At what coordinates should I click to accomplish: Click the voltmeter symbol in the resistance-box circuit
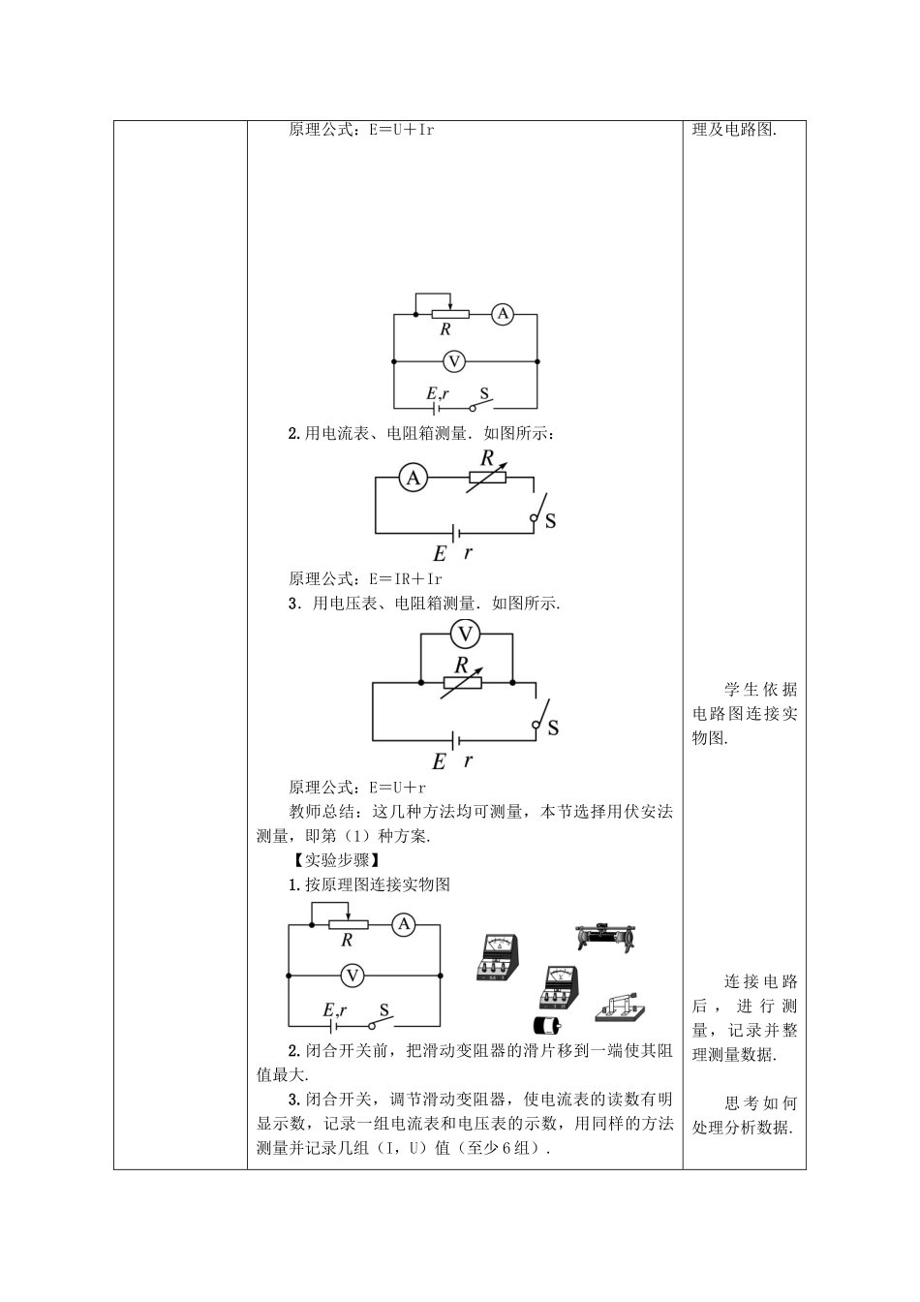[466, 634]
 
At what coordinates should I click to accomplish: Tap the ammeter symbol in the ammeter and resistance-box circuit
[414, 478]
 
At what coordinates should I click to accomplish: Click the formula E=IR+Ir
[406, 579]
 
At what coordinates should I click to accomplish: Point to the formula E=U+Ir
[402, 130]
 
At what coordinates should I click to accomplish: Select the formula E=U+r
[397, 788]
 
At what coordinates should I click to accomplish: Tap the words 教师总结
[322, 812]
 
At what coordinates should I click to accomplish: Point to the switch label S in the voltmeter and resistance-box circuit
[553, 728]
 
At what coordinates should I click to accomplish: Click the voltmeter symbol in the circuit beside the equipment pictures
[352, 976]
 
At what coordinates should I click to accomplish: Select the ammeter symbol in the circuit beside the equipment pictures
[404, 924]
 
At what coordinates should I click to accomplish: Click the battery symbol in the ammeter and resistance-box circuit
[456, 533]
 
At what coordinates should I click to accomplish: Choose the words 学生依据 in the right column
[761, 690]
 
